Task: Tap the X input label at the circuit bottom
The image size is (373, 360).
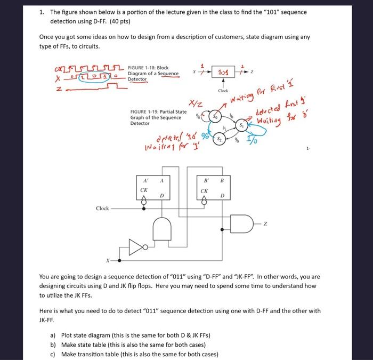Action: point(108,260)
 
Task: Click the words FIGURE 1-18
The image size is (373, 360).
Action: point(142,68)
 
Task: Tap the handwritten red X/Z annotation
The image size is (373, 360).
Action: point(192,106)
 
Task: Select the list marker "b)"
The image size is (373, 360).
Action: point(52,345)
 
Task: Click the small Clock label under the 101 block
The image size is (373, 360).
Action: point(223,91)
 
